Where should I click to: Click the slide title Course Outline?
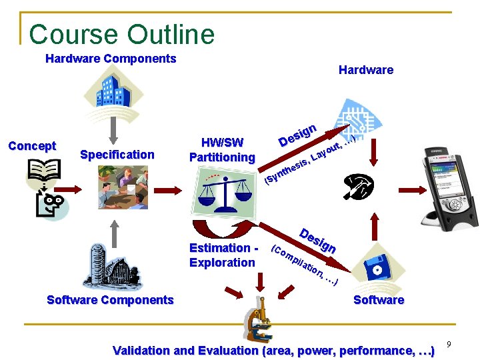point(122,34)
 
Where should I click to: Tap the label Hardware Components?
point(111,59)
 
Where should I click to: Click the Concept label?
point(32,146)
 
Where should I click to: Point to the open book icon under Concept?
point(43,172)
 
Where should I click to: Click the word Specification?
point(117,155)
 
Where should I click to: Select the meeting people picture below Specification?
point(123,187)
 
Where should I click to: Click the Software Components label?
point(110,300)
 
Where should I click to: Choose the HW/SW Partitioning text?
point(222,150)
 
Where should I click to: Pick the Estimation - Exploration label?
point(223,255)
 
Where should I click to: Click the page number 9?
point(449,345)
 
